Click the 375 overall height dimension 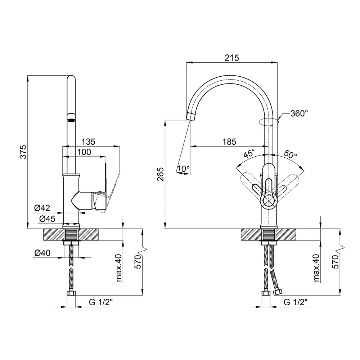pyautogui.click(x=23, y=152)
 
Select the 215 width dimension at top pyautogui.click(x=231, y=58)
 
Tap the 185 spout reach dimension pyautogui.click(x=229, y=141)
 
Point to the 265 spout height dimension pyautogui.click(x=161, y=174)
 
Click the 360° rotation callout pyautogui.click(x=299, y=113)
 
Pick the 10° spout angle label pyautogui.click(x=184, y=169)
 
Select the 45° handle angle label pyautogui.click(x=249, y=153)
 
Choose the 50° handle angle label pyautogui.click(x=291, y=154)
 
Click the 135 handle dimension pyautogui.click(x=89, y=141)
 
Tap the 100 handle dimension pyautogui.click(x=84, y=152)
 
